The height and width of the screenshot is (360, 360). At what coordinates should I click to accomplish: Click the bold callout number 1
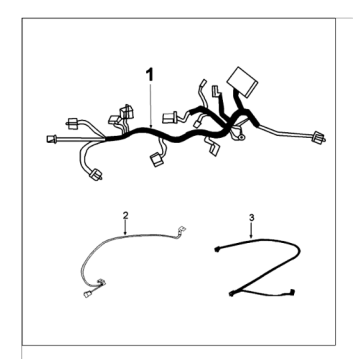[150, 75]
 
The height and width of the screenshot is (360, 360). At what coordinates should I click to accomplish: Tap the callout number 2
[125, 215]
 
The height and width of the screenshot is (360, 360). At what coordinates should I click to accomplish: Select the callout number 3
[251, 217]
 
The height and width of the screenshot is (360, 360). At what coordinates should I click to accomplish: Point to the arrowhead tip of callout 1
[151, 128]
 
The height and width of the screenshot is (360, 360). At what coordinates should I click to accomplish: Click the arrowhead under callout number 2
[125, 233]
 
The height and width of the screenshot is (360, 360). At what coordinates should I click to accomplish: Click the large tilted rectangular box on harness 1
[242, 82]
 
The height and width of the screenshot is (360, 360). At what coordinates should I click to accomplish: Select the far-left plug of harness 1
[52, 139]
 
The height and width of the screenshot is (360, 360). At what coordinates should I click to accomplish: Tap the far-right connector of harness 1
[318, 137]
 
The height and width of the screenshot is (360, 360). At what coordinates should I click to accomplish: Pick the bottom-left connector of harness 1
[96, 174]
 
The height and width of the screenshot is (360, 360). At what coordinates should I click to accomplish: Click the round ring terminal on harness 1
[241, 136]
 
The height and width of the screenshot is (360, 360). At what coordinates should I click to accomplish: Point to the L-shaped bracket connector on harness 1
[216, 91]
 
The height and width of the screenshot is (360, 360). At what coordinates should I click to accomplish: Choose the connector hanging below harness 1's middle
[156, 159]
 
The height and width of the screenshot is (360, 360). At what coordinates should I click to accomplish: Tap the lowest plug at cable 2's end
[88, 294]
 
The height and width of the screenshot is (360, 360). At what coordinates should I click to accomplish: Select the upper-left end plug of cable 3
[217, 249]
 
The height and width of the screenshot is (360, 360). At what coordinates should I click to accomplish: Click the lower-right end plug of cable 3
[292, 291]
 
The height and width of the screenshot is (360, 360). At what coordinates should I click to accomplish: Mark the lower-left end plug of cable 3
[232, 294]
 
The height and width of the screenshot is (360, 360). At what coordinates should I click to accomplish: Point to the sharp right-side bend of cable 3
[299, 249]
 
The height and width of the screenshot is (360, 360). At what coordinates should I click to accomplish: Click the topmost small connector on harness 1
[203, 83]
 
